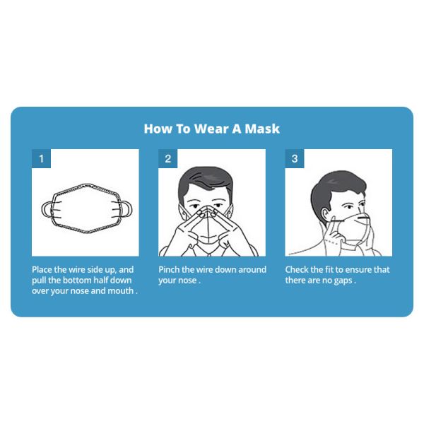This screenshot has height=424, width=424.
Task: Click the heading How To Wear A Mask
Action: (211, 129)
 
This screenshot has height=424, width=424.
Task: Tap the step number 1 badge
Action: (41, 159)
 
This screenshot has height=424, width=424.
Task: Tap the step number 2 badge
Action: (167, 159)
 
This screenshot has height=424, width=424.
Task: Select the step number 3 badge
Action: (294, 159)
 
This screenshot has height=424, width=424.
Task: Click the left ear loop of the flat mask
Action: (47, 209)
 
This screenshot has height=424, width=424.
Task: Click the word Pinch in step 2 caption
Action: (170, 270)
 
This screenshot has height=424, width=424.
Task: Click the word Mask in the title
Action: (262, 129)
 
